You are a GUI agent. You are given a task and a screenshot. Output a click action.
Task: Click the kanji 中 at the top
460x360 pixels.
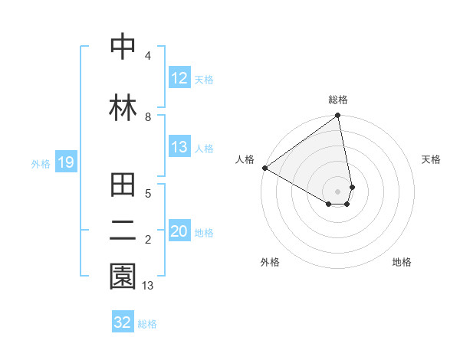(123, 47)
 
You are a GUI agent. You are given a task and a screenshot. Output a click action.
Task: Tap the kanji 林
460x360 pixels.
(123, 107)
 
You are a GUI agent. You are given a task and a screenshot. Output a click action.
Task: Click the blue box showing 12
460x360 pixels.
(179, 78)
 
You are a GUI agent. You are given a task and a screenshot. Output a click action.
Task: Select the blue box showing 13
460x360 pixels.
(179, 147)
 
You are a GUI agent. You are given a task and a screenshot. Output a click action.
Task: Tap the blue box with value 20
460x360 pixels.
(179, 232)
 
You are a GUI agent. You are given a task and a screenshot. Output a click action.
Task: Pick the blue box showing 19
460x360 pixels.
(65, 162)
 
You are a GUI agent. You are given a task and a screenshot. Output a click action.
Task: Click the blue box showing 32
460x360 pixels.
(123, 322)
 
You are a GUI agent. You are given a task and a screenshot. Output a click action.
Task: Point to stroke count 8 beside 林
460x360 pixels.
(148, 117)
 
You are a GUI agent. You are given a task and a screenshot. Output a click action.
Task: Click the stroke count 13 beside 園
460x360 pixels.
(149, 286)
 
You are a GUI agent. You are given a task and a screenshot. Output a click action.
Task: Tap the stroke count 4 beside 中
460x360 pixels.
(148, 56)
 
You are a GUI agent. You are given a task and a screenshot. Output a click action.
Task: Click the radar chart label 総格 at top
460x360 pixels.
(338, 100)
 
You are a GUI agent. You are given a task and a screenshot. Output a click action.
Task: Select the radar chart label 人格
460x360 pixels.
(245, 159)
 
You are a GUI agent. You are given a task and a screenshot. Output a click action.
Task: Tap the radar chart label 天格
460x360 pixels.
(432, 159)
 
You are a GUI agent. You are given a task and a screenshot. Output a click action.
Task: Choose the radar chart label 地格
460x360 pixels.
(402, 262)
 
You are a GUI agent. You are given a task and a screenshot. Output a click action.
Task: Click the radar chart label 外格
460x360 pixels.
(270, 262)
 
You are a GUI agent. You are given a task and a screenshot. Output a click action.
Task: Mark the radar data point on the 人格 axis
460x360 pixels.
(264, 168)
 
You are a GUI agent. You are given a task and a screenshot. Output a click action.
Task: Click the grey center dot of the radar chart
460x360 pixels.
(338, 191)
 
